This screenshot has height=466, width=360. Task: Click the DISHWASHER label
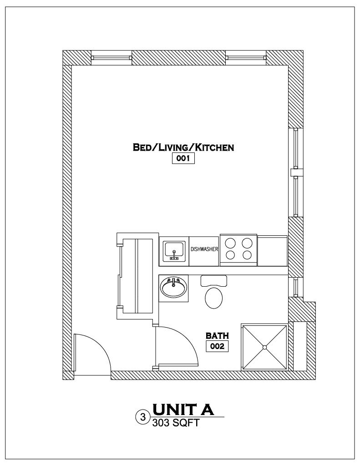point(204,249)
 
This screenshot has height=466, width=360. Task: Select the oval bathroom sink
point(173,288)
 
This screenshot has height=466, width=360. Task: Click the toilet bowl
point(214,298)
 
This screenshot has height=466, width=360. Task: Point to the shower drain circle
point(264,347)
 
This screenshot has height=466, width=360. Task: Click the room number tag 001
point(183,158)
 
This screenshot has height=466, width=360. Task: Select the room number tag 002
point(217,346)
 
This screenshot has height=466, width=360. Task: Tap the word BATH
point(217,336)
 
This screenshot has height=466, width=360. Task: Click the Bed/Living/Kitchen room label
point(183,147)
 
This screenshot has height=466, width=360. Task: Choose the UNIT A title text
point(183,410)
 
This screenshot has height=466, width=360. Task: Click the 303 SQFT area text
point(175,423)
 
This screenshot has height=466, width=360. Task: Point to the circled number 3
point(143,417)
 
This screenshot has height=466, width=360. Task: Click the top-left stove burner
point(230,243)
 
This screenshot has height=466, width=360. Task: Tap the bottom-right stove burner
point(247,255)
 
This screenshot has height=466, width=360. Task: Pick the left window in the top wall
point(111,58)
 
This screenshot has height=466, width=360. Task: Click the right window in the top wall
point(246,58)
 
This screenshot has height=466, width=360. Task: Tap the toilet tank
point(214,281)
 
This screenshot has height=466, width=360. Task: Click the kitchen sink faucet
point(174,255)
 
